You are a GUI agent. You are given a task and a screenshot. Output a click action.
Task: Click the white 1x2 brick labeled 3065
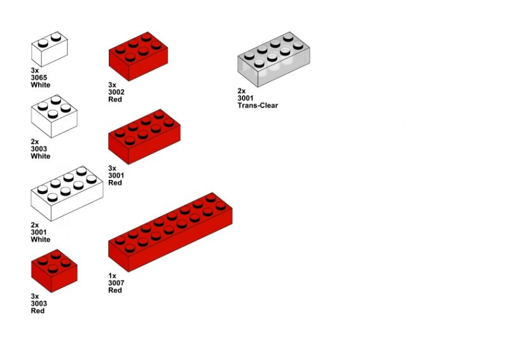coord(50,49)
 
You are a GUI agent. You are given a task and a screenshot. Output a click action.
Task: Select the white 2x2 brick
coord(54,116)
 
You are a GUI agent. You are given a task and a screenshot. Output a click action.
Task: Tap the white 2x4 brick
coord(67,193)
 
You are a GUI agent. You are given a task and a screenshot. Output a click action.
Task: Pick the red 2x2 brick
coord(54,271)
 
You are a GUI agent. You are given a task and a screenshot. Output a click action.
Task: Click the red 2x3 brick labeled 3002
coord(138,56)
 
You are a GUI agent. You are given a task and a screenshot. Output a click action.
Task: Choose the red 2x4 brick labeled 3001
coord(144,137)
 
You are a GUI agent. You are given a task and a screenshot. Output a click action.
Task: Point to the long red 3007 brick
coord(170,232)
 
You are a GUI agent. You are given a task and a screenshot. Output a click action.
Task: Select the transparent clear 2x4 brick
coord(274,59)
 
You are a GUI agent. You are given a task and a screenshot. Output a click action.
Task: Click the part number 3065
coord(39,78)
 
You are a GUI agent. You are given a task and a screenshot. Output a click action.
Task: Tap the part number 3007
coord(116,283)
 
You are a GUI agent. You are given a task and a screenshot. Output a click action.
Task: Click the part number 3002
coord(116,92)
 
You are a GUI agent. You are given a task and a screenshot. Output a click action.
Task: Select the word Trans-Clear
coord(258,106)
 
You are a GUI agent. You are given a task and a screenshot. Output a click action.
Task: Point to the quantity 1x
coord(112,276)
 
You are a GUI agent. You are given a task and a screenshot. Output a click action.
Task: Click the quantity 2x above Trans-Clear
coord(242,91)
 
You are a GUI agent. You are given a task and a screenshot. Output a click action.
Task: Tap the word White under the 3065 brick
coord(41,85)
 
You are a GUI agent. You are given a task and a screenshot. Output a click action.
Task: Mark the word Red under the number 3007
coord(115,290)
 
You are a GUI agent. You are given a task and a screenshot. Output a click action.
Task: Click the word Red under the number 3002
coord(115,99)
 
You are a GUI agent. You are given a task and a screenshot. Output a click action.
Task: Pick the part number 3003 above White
coord(39,149)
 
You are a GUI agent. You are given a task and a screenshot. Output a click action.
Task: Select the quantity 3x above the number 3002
coord(112,85)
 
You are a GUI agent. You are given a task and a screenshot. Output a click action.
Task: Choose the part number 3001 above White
coord(39,232)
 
